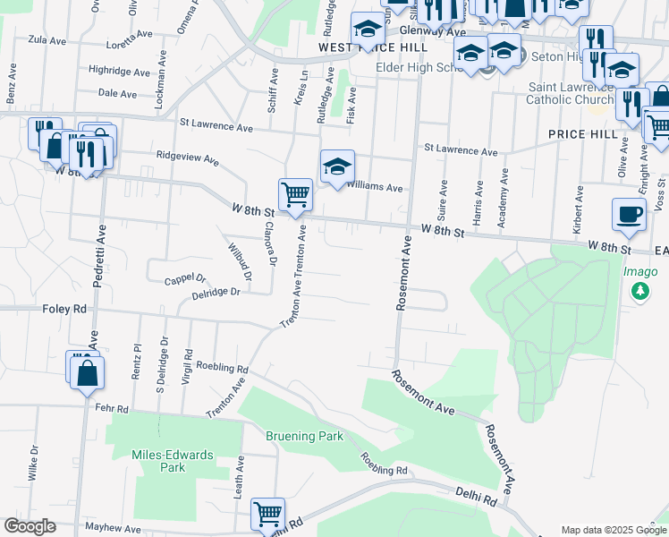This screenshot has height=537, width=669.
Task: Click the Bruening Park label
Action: tap(304, 437)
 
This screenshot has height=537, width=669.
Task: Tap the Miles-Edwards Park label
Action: tap(173, 461)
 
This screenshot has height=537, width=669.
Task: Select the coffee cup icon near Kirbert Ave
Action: tap(628, 215)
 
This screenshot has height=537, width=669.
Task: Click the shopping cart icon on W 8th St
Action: tap(295, 193)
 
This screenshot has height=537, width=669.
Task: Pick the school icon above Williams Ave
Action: tap(337, 166)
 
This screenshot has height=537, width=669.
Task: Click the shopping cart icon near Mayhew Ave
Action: tap(267, 514)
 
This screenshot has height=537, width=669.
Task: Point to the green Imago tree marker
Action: tap(639, 291)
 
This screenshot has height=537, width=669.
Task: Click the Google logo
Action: tap(30, 526)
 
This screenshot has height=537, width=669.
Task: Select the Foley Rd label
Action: tap(64, 308)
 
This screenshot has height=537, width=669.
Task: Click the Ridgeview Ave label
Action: tap(187, 158)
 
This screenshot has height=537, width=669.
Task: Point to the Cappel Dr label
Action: tap(185, 279)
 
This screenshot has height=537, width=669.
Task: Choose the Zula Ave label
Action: tap(48, 39)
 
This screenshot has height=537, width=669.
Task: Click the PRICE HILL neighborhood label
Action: tap(580, 133)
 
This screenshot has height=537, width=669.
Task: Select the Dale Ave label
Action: tap(117, 93)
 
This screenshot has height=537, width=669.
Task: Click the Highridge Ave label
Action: tap(120, 71)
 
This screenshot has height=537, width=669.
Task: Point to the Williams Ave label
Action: tap(375, 189)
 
